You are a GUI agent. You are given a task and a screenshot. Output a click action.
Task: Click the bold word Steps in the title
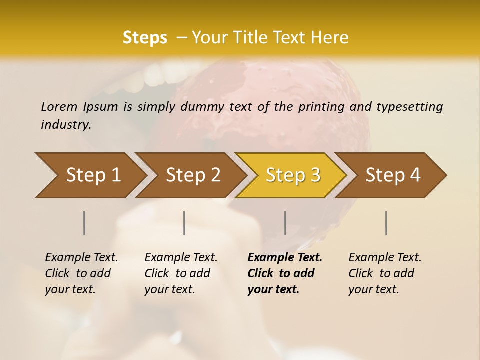pos(145,38)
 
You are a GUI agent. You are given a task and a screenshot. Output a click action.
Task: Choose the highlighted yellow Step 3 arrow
pos(292,175)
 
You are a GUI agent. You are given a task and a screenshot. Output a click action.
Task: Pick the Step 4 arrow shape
pos(392,175)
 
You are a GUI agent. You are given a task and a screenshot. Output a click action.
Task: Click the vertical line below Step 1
pos(84,223)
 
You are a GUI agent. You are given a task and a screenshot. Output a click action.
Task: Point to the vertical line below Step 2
pos(184,223)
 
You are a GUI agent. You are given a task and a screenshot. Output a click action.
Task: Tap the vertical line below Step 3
pos(285,223)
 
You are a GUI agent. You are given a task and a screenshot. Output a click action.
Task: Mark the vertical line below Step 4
pos(386,223)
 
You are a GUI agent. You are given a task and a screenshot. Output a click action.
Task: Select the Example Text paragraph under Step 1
pos(81,273)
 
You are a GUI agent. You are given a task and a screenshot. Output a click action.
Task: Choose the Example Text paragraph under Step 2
pos(181,273)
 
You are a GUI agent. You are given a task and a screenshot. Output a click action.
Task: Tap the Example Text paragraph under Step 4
pos(385,273)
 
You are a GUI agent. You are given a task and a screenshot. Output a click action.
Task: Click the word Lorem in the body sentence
pos(59,106)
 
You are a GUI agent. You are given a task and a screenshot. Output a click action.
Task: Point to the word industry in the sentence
pos(66,125)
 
